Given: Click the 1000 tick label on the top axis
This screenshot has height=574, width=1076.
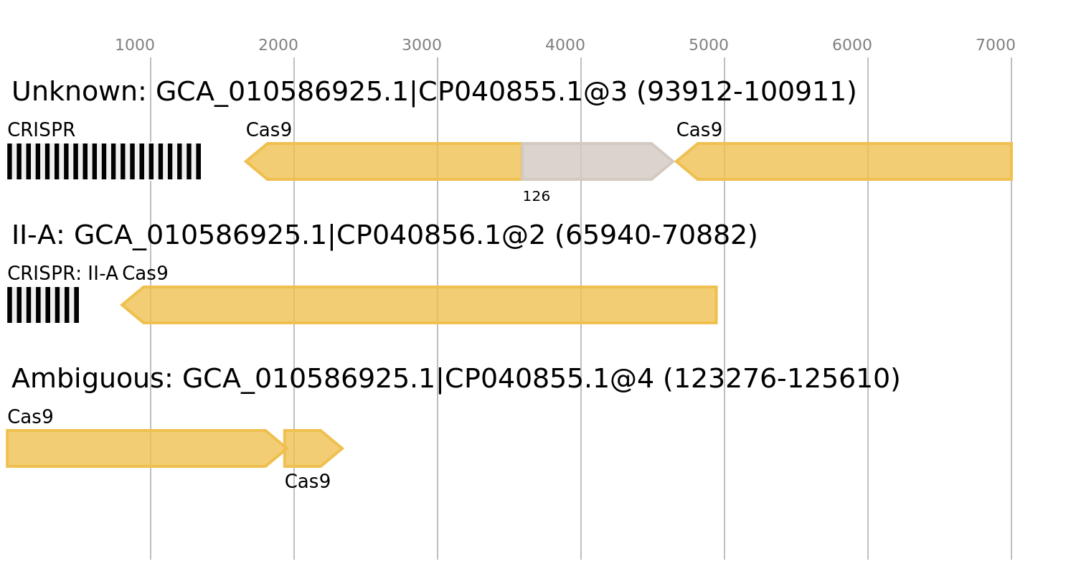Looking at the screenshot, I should [135, 45].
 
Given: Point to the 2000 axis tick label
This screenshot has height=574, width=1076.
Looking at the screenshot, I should [278, 45].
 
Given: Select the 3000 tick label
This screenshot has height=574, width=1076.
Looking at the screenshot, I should [422, 45].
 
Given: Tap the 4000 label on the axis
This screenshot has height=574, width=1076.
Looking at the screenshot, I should [565, 45].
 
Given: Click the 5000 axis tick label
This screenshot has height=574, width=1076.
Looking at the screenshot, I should [709, 45].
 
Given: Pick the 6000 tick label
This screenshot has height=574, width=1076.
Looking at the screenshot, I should [852, 45].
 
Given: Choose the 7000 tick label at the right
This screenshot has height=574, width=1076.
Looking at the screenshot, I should [996, 45].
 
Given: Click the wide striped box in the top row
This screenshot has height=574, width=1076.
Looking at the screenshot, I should [104, 161].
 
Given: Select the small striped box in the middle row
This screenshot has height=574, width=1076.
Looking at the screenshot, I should [43, 305].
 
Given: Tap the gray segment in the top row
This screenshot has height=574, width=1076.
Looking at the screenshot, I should [588, 161].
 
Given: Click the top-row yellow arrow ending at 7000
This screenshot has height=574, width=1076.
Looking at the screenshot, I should [854, 161].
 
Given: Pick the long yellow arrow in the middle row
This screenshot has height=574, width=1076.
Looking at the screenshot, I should [430, 305].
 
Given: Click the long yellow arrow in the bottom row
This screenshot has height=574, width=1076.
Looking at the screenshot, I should [136, 448].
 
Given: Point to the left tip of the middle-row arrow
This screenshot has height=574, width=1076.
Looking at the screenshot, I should [121, 305].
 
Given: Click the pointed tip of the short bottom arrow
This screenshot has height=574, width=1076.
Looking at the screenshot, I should [344, 448].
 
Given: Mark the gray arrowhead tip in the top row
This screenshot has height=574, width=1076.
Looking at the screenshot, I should [674, 161].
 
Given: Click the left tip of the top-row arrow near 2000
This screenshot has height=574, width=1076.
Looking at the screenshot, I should [245, 161].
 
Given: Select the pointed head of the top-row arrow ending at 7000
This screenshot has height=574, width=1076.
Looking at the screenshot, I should [677, 161].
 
